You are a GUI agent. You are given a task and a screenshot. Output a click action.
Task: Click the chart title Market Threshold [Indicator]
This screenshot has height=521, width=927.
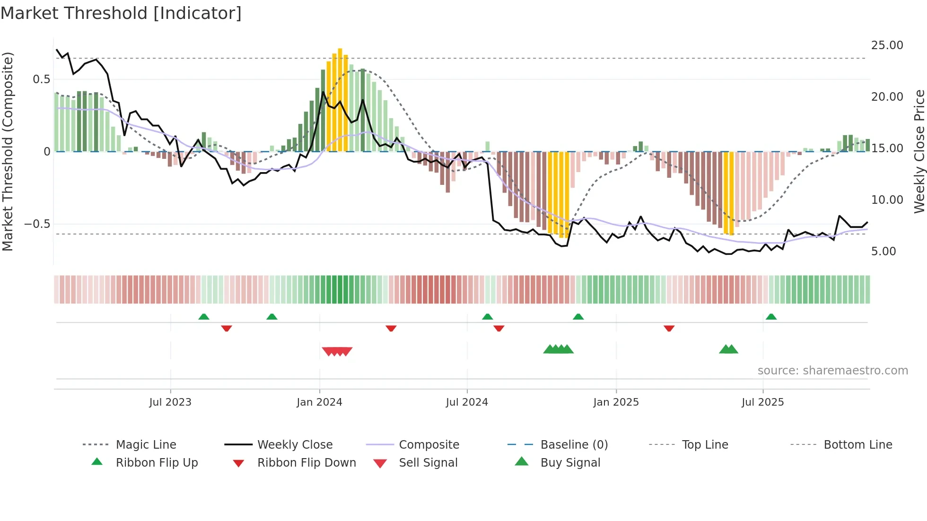click(x=121, y=13)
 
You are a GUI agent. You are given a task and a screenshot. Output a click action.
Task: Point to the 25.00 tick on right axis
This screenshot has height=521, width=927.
click(x=887, y=45)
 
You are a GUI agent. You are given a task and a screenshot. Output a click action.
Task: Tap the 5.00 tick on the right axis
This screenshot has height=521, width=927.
click(x=883, y=252)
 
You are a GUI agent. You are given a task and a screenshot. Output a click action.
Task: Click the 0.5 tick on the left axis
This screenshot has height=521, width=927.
click(x=41, y=79)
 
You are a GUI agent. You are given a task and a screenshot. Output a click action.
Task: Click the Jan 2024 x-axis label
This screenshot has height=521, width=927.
click(x=319, y=402)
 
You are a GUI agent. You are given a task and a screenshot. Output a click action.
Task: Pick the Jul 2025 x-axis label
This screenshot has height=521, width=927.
click(x=762, y=402)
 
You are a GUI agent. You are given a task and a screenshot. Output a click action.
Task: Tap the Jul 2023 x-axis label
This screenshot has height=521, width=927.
click(x=170, y=402)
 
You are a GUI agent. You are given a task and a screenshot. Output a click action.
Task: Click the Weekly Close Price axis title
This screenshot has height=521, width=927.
click(x=919, y=151)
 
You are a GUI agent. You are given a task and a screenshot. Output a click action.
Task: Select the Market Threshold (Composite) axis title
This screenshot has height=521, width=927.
click(x=8, y=151)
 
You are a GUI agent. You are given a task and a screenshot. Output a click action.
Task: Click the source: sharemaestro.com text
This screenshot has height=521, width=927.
click(x=832, y=371)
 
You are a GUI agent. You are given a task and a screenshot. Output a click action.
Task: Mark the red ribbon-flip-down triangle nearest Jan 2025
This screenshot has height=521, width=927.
click(x=669, y=328)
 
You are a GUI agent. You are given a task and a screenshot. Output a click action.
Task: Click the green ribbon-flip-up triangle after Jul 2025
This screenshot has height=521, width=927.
click(x=771, y=317)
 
